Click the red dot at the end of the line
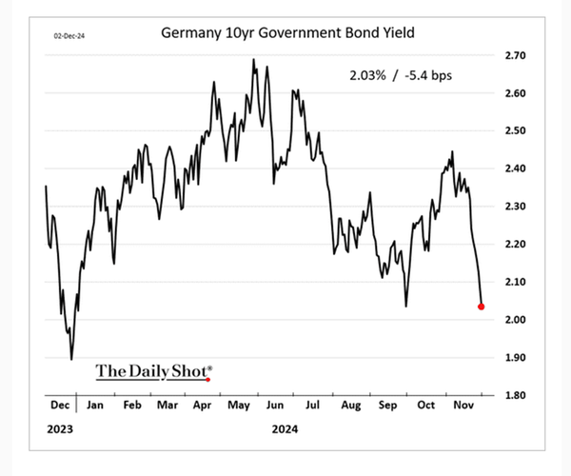pos(482,307)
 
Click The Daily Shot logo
pos(154,370)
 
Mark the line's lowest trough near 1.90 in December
pos(71,359)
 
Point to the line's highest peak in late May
pos(253,59)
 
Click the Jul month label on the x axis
pos(313,405)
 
